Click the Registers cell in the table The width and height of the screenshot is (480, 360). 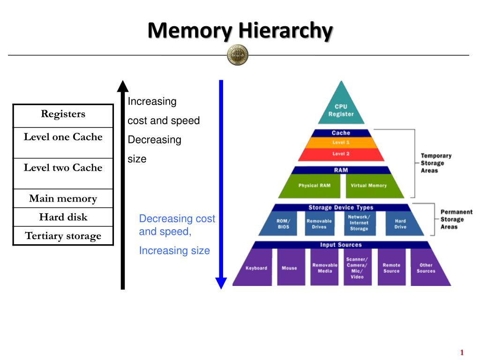[x=63, y=115]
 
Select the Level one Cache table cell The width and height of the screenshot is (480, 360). [x=63, y=142]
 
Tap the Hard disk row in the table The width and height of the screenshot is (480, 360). [x=63, y=217]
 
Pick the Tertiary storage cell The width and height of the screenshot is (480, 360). [x=63, y=236]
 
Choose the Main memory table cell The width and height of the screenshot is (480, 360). [x=63, y=198]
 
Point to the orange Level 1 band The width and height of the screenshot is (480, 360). [x=341, y=142]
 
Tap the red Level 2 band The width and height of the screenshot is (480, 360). [x=341, y=154]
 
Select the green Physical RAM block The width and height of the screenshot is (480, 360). [x=314, y=186]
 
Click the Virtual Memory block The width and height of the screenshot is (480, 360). [x=368, y=186]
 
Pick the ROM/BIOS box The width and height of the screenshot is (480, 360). [x=283, y=224]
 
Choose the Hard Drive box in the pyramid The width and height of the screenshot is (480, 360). [x=400, y=224]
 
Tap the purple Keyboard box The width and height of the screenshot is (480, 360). [x=256, y=268]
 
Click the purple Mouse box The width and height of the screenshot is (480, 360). [x=289, y=268]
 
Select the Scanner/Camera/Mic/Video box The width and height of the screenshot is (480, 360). [x=357, y=268]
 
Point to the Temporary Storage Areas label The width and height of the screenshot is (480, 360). [x=435, y=163]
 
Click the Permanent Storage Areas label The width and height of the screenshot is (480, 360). [x=456, y=219]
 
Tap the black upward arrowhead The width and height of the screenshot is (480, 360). [x=123, y=86]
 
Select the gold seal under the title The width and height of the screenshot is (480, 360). [x=238, y=55]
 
